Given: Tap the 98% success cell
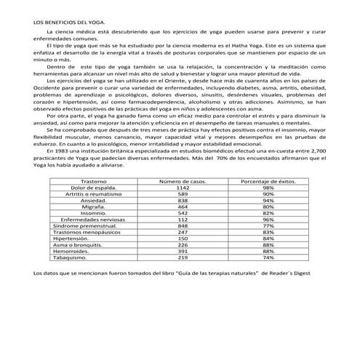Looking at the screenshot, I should point(268,187).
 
